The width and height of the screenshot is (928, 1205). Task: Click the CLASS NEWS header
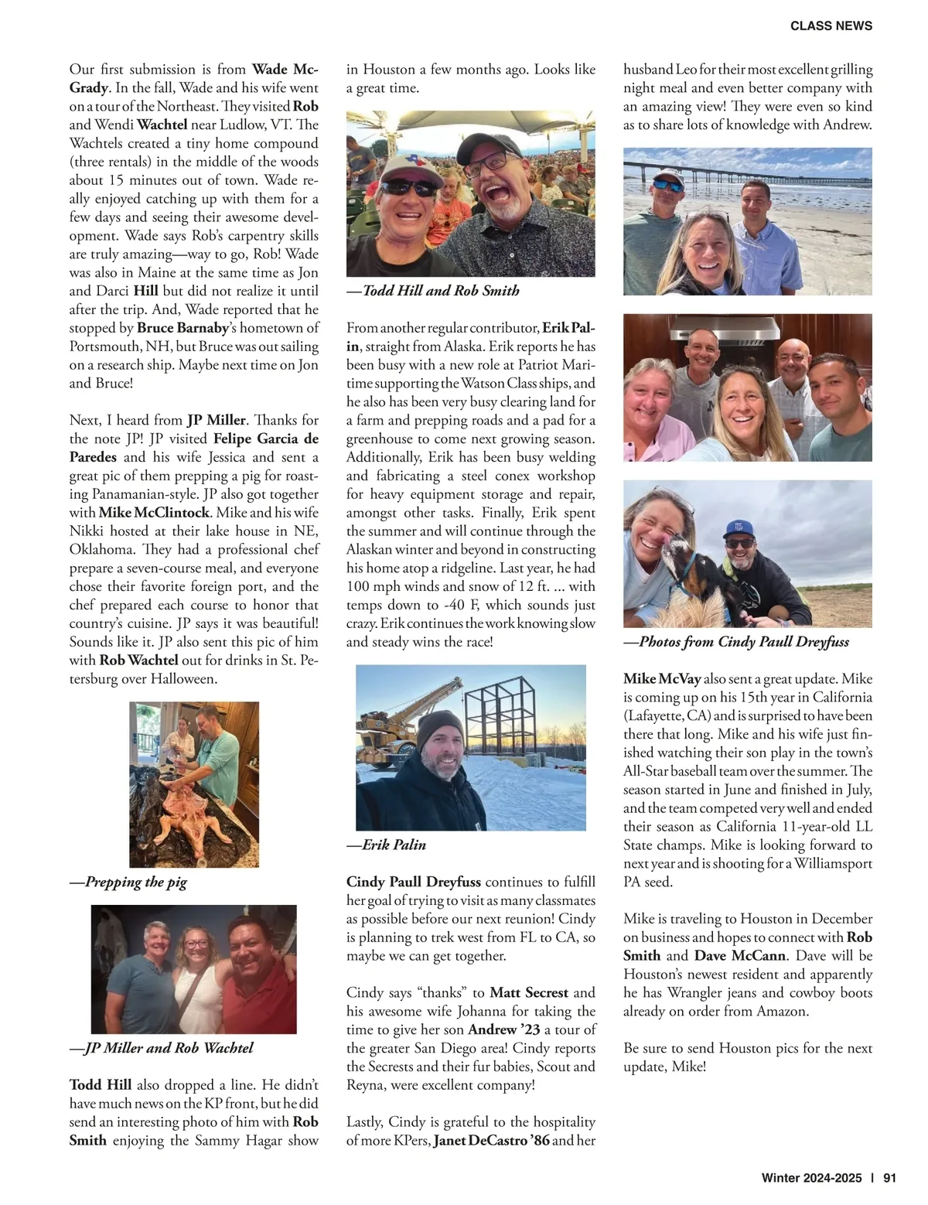pyautogui.click(x=831, y=26)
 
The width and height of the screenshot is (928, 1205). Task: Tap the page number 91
pyautogui.click(x=889, y=1178)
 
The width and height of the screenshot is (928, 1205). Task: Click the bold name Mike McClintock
pyautogui.click(x=154, y=513)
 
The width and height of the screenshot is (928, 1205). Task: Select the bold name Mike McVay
pyautogui.click(x=662, y=679)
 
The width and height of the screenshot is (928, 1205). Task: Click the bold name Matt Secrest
pyautogui.click(x=529, y=992)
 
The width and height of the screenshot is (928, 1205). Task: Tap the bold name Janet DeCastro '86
pyautogui.click(x=491, y=1140)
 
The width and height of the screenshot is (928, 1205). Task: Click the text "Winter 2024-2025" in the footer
pyautogui.click(x=811, y=1178)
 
